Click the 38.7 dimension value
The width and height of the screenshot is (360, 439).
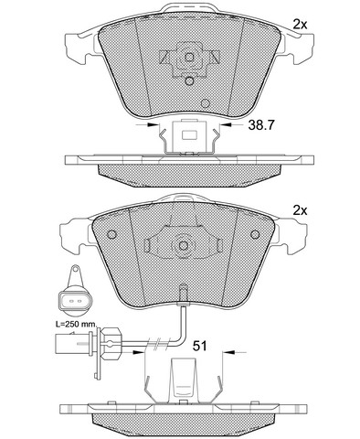click(x=261, y=125)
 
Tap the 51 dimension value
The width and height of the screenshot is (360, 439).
click(x=199, y=346)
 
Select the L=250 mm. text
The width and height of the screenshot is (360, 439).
click(x=76, y=325)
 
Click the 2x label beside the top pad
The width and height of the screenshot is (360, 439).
click(x=300, y=25)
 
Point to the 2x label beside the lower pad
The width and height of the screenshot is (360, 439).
click(x=300, y=210)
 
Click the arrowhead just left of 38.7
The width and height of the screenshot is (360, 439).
click(x=225, y=124)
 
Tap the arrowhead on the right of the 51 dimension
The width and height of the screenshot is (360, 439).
click(x=229, y=352)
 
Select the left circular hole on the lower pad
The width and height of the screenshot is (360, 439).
click(x=112, y=234)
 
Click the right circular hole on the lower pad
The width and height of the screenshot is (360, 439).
click(x=255, y=234)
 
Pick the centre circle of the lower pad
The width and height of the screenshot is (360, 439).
click(x=184, y=246)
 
